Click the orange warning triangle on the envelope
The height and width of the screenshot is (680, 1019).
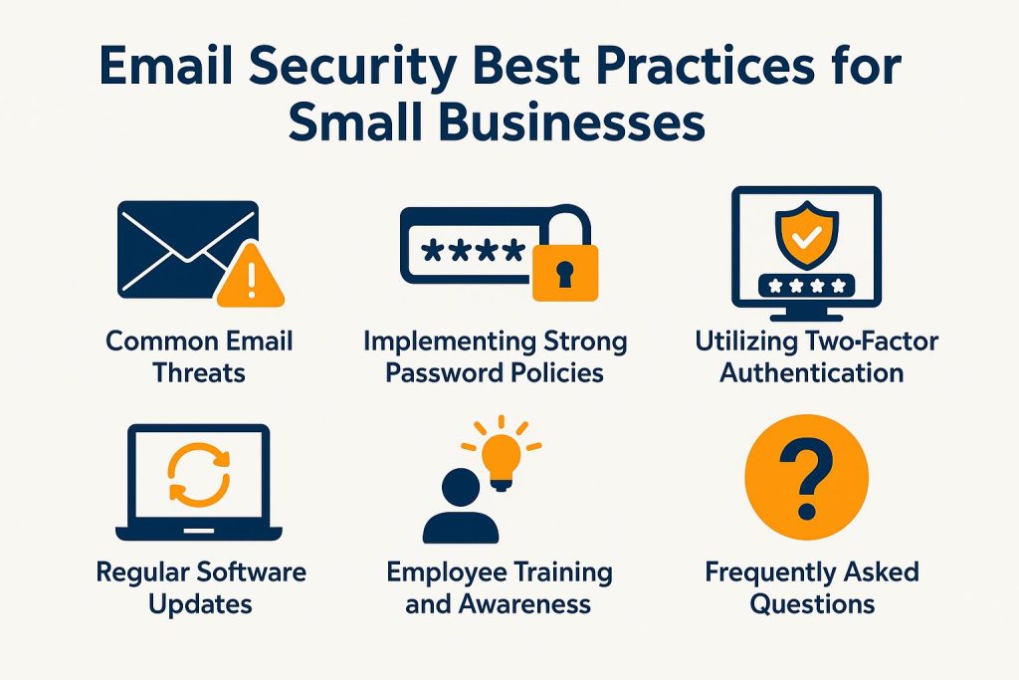pyautogui.click(x=250, y=277)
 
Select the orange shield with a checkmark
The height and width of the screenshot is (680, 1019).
pyautogui.click(x=806, y=234)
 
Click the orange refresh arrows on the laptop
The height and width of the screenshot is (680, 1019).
pyautogui.click(x=199, y=475)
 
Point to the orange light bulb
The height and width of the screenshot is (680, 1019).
pyautogui.click(x=501, y=455)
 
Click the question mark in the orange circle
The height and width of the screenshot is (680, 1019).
pyautogui.click(x=806, y=479)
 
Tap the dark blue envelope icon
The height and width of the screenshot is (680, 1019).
pyautogui.click(x=188, y=250)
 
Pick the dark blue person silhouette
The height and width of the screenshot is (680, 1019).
pyautogui.click(x=461, y=507)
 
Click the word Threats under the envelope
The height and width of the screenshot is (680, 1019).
pyautogui.click(x=199, y=373)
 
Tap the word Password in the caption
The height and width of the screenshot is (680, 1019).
pyautogui.click(x=443, y=373)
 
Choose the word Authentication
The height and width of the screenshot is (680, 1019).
pyautogui.click(x=812, y=373)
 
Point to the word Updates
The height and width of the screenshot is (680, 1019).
pyautogui.click(x=200, y=605)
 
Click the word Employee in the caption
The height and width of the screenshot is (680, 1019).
pyautogui.click(x=443, y=573)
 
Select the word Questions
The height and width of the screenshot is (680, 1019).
pyautogui.click(x=812, y=604)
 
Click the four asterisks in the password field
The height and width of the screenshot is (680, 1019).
pyautogui.click(x=473, y=251)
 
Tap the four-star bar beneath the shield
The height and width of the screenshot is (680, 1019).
pyautogui.click(x=806, y=286)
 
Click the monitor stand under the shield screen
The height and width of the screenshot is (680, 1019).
pyautogui.click(x=806, y=314)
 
